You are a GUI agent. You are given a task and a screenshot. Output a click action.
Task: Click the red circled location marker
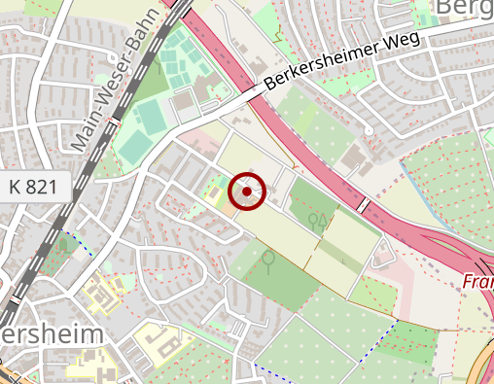[x=247, y=192]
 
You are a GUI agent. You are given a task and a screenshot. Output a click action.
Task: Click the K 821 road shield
[x=33, y=187]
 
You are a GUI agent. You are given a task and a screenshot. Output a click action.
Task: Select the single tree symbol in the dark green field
[x=267, y=260]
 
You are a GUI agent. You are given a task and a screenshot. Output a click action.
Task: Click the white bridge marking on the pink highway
[x=363, y=205]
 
